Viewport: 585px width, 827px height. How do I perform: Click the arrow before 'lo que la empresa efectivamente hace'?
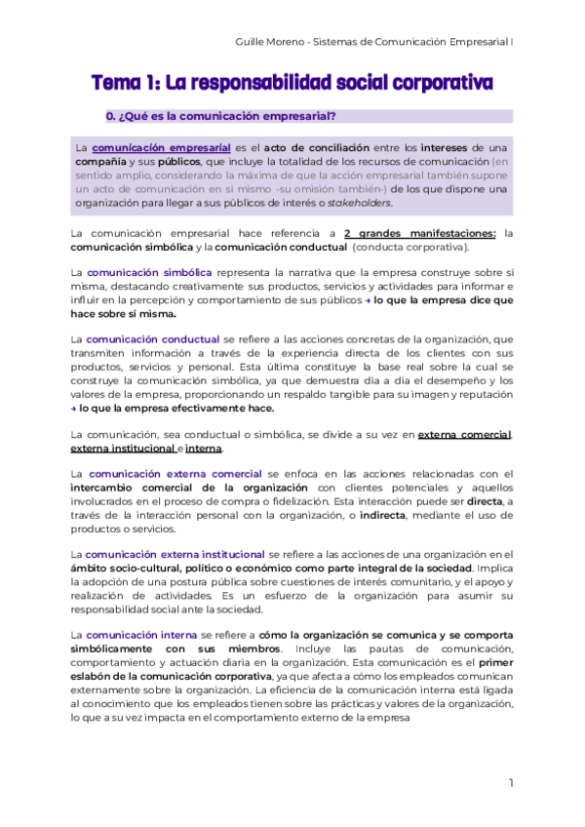pos(74,410)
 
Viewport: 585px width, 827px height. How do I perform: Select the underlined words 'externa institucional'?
pos(122,449)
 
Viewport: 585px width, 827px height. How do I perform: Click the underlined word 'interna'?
pos(203,449)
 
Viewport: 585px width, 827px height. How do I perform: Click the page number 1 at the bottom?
pos(511,783)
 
